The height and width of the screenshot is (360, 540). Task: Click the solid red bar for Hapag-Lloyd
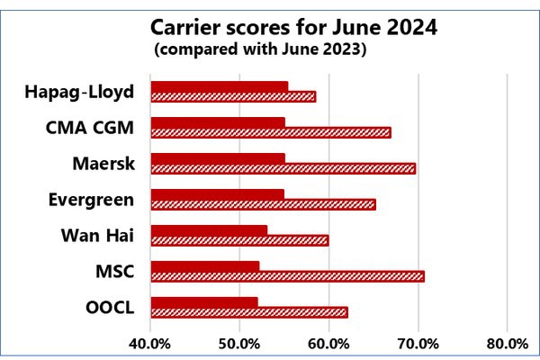(219, 86)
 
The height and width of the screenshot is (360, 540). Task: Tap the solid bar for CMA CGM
(217, 122)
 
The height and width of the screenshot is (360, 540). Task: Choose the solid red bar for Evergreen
(217, 193)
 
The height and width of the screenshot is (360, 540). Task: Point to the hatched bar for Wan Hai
(239, 240)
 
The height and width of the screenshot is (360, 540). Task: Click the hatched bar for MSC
(287, 275)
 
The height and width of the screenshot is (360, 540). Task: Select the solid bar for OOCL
(204, 301)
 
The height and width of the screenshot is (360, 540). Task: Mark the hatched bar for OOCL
(248, 311)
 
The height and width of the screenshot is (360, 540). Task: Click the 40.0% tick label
(150, 343)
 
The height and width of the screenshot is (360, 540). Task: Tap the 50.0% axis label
(239, 343)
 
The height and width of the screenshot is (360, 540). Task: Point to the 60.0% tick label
(328, 343)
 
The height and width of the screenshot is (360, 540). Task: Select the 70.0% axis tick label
(418, 343)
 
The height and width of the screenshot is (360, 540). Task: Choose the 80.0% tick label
(507, 343)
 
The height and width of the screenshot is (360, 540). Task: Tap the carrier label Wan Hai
(97, 236)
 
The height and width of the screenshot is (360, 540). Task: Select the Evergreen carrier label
(92, 200)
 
